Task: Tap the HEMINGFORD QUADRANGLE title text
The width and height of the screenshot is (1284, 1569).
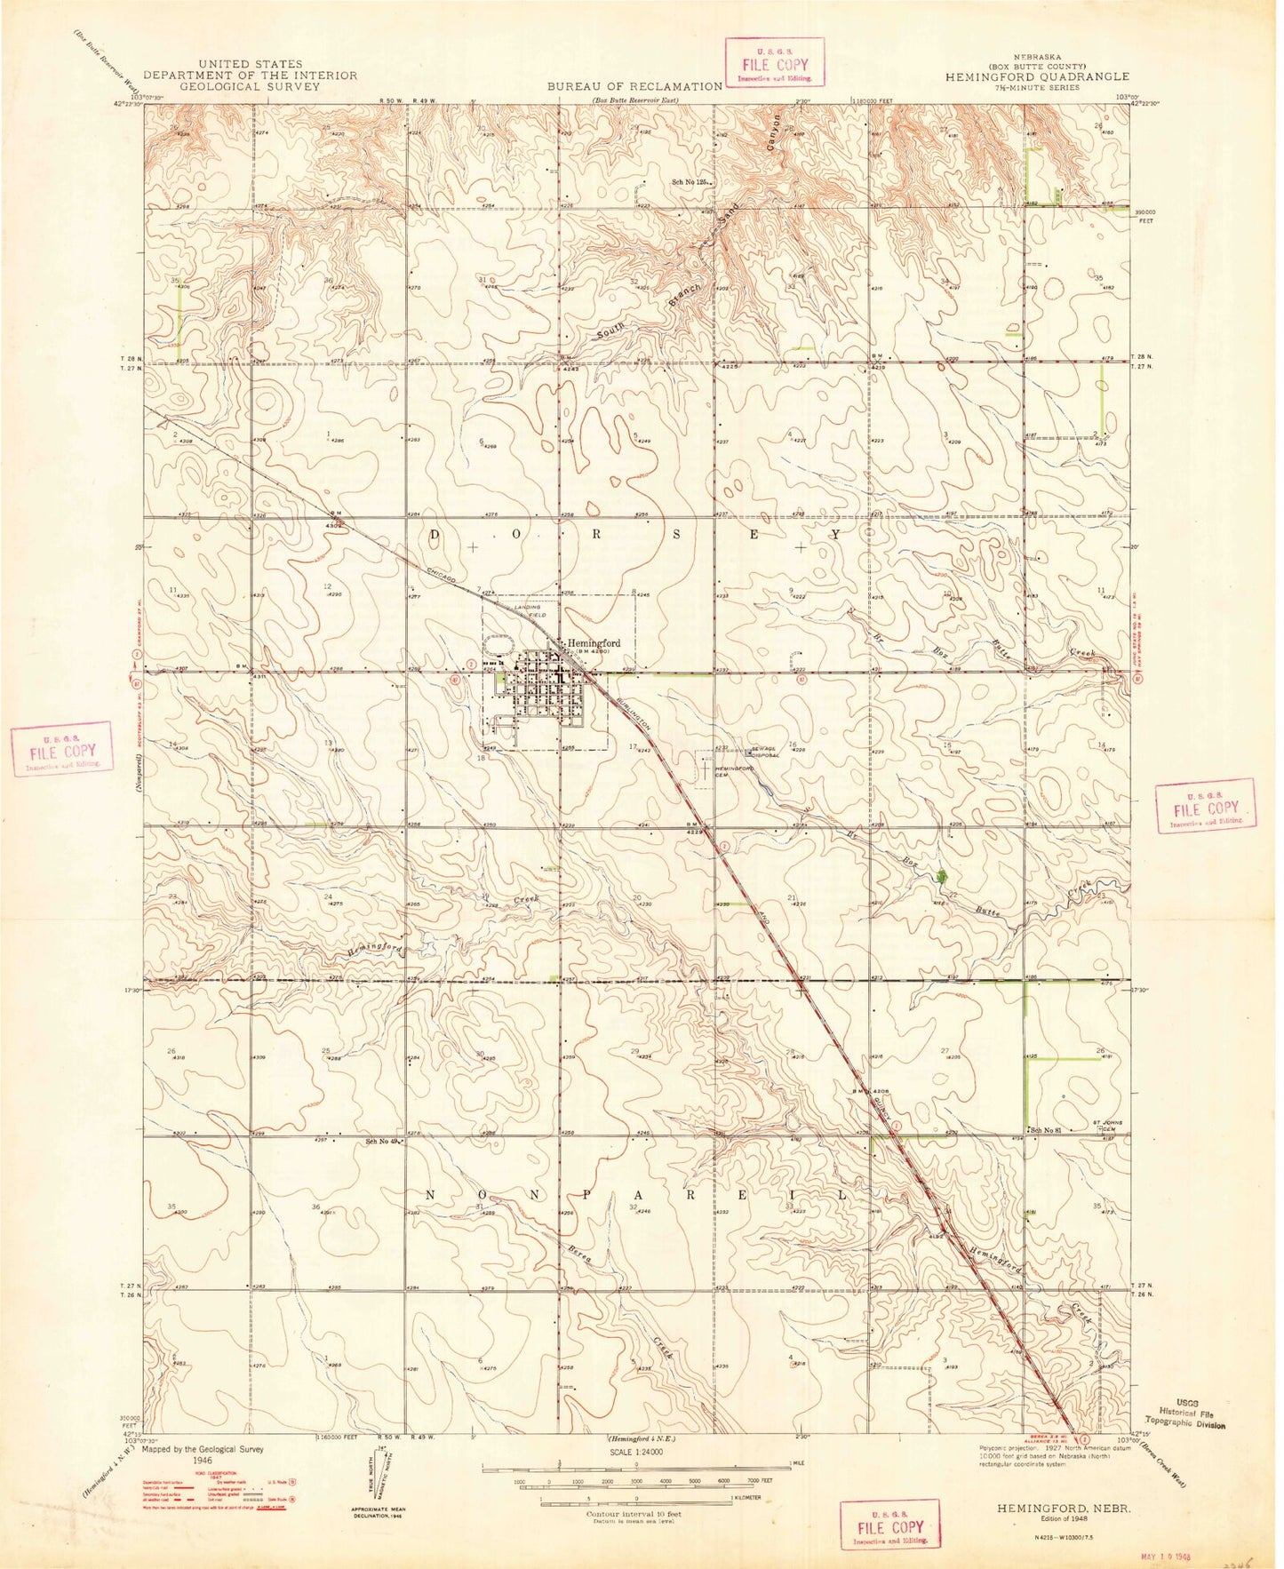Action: click(1038, 76)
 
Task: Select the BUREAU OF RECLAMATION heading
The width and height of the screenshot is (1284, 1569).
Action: click(634, 86)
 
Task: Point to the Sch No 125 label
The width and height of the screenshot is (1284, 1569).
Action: click(690, 182)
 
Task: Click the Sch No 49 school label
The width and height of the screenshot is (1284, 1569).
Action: click(383, 1142)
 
